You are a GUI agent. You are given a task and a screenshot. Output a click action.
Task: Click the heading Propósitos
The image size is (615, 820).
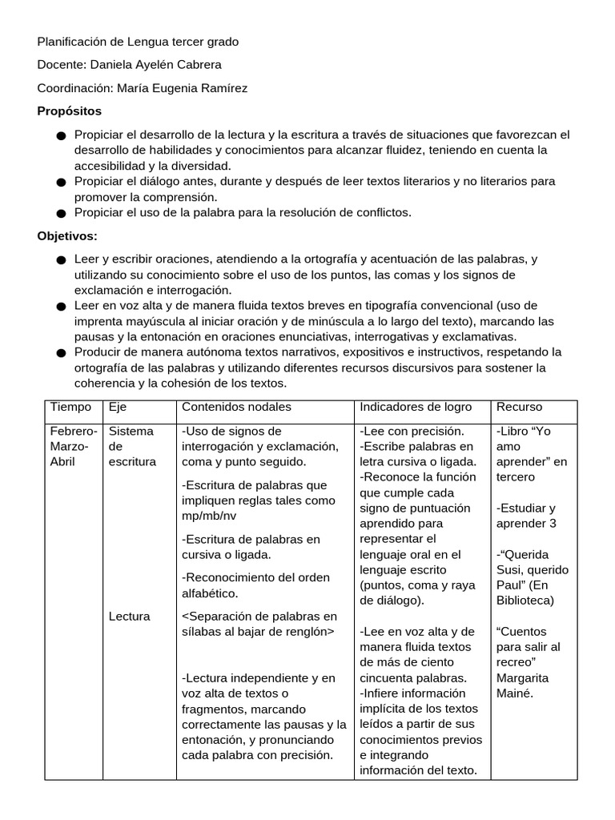(x=70, y=111)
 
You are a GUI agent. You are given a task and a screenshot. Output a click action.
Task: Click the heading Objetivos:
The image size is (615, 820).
(x=67, y=235)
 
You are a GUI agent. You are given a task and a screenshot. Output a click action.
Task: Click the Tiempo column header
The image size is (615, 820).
(x=70, y=407)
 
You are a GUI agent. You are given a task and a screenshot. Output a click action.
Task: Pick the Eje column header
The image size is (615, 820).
(x=118, y=407)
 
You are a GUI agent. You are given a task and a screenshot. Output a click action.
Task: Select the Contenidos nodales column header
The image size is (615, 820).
(x=236, y=407)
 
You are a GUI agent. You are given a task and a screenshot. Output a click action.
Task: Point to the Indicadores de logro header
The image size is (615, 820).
(x=416, y=407)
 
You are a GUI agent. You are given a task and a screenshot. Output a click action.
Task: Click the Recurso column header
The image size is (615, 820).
(x=519, y=407)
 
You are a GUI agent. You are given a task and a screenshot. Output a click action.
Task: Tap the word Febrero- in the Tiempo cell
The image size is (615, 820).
(x=74, y=431)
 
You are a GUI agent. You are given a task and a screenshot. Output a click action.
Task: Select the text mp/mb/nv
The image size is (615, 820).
(x=209, y=516)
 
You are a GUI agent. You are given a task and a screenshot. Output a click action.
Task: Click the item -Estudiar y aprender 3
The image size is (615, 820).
(x=526, y=516)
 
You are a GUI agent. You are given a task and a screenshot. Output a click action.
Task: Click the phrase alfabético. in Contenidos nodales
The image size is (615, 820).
(x=211, y=593)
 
